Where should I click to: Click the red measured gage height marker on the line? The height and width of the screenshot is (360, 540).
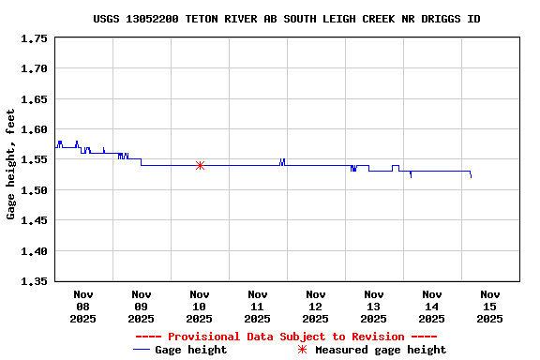[x=200, y=165]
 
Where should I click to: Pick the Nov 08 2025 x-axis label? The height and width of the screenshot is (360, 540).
[x=82, y=307]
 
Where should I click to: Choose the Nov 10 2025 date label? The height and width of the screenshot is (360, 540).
[x=199, y=307]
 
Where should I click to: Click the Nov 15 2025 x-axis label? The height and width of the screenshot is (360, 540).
[x=489, y=307]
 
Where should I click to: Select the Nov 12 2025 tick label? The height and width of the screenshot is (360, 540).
[x=315, y=307]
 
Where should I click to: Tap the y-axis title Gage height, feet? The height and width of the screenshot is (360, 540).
[x=11, y=164]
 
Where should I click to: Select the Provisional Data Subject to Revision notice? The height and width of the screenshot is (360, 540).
[x=286, y=337]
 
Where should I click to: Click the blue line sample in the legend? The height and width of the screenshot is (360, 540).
[x=142, y=350]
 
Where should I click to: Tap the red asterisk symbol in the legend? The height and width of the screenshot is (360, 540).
[x=302, y=350]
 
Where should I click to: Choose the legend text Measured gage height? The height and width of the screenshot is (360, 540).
[x=381, y=350]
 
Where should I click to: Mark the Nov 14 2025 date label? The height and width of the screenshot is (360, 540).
[x=431, y=307]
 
